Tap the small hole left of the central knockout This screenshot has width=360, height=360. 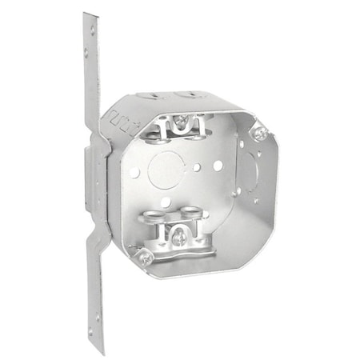pyautogui.click(x=136, y=173)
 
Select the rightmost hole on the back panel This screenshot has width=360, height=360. pyautogui.click(x=217, y=165)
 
